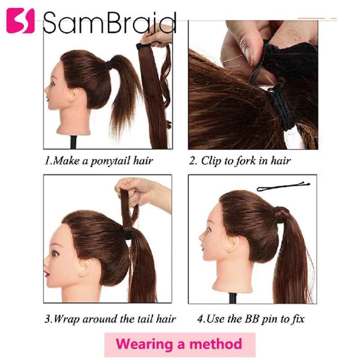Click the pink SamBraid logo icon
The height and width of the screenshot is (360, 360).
point(20,21)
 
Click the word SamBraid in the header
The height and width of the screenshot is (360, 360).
point(110,22)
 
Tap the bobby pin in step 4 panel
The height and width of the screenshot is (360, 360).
point(283,186)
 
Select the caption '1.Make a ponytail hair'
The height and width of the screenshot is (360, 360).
point(99,161)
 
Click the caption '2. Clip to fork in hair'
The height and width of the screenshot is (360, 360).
point(240,161)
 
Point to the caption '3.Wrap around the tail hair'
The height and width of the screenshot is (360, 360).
point(110,319)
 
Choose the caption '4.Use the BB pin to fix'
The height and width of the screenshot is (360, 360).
point(251,319)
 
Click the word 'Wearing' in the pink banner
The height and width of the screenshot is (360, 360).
point(144,344)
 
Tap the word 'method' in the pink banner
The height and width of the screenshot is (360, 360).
point(216,344)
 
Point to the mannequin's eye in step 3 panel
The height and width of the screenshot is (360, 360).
point(55,253)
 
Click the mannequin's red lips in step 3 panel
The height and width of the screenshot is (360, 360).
point(47,274)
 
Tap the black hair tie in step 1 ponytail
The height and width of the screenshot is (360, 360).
point(109,65)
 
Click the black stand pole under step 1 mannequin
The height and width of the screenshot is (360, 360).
point(73,142)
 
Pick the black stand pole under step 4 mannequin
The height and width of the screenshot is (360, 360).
point(233,298)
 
